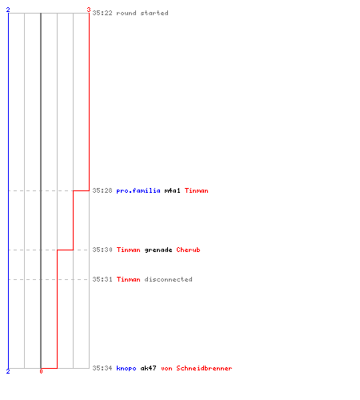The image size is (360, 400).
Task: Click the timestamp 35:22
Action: click(102, 13)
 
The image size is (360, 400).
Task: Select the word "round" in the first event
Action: click(126, 13)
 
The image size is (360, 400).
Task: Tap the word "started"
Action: click(154, 13)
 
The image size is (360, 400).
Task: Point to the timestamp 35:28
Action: click(102, 190)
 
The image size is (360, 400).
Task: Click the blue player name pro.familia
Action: click(138, 190)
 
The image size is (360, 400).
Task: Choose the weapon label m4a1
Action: click(172, 190)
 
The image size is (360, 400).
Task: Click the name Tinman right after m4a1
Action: click(197, 190)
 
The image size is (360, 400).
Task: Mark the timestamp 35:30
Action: click(102, 250)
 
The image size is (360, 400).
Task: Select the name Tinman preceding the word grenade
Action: click(129, 250)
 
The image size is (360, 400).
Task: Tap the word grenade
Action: click(158, 250)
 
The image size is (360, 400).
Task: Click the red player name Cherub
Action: click(188, 250)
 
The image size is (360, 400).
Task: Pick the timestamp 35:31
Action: click(102, 279)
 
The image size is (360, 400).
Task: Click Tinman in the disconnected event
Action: click(129, 279)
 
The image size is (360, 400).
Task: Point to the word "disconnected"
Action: click(168, 279)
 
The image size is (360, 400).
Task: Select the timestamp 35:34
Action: click(102, 368)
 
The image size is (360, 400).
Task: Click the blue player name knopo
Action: click(126, 368)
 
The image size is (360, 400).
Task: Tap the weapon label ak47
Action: click(148, 368)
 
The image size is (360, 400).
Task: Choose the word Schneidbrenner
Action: click(204, 368)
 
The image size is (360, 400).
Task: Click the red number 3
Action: click(89, 10)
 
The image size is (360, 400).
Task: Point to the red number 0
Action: click(41, 371)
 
